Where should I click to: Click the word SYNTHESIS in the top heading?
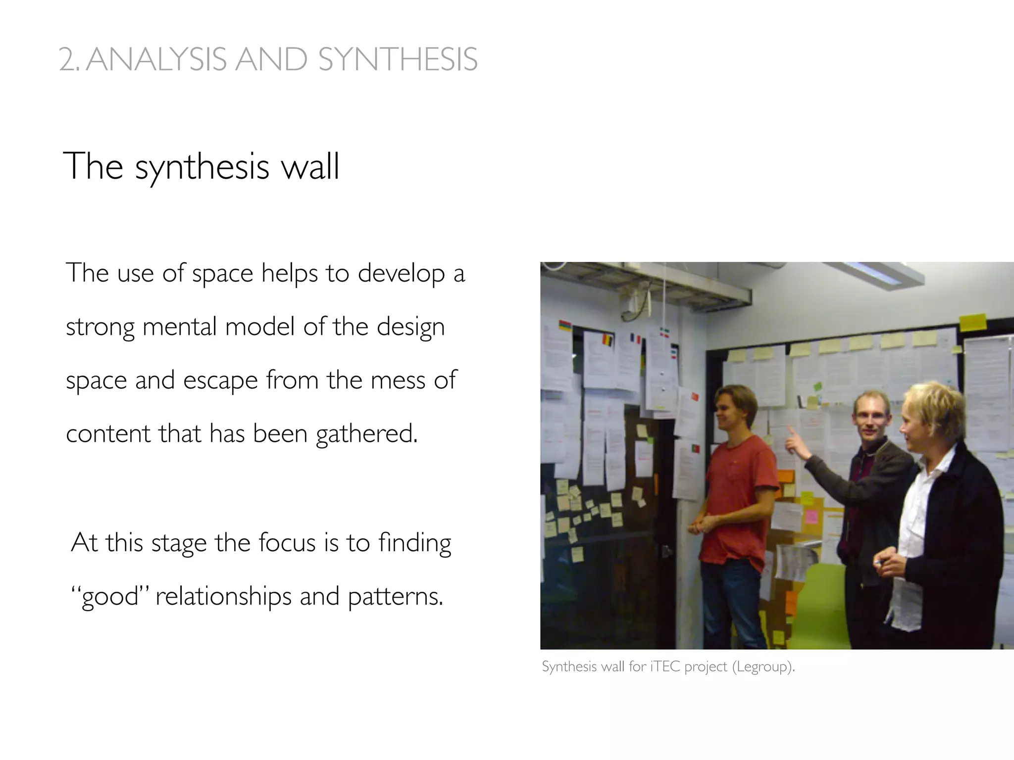(x=398, y=60)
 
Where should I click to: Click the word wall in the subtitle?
(x=310, y=166)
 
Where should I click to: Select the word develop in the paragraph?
(x=401, y=273)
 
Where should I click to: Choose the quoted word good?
(x=110, y=596)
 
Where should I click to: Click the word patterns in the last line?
(x=395, y=596)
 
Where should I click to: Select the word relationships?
(x=223, y=596)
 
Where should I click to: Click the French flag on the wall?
(x=635, y=339)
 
